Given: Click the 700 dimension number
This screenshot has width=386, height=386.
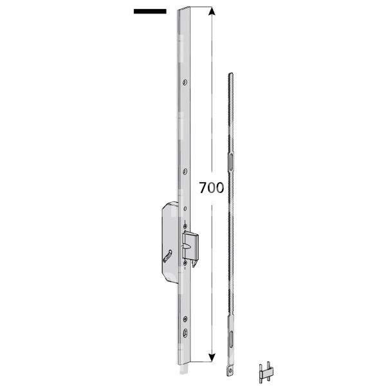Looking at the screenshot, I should tap(211, 188).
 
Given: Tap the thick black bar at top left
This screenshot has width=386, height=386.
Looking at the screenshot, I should tap(150, 11).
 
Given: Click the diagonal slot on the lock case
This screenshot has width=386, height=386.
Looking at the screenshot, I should tap(168, 256).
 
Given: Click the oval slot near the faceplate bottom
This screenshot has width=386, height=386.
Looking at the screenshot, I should tap(185, 333).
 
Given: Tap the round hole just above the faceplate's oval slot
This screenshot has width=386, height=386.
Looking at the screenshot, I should tap(185, 318).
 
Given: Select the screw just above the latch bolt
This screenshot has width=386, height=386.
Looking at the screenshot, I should tap(185, 225).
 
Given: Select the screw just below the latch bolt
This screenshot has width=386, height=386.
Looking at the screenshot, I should tap(185, 262).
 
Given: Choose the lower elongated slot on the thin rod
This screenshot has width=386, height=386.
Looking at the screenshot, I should tap(230, 338).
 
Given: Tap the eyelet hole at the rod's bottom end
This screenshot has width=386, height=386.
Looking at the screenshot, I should tap(230, 371).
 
